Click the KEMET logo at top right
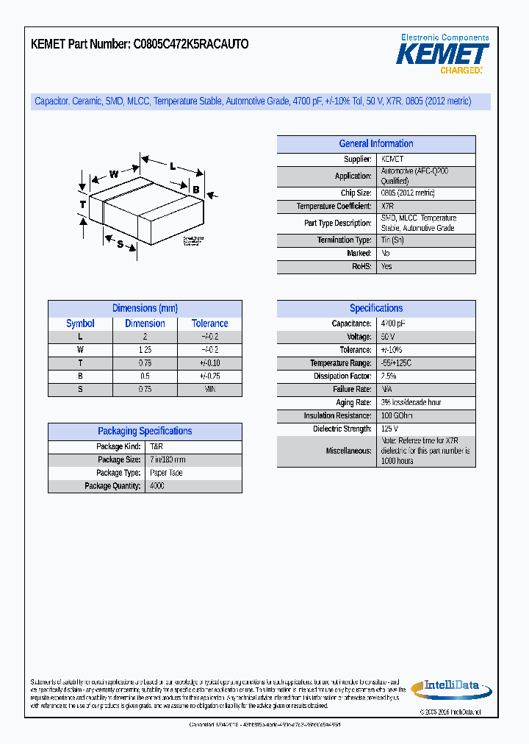pyautogui.click(x=442, y=54)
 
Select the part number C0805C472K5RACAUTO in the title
pyautogui.click(x=191, y=44)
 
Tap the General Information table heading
pyautogui.click(x=375, y=144)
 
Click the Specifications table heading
pyautogui.click(x=375, y=309)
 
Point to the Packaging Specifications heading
pyautogui.click(x=145, y=432)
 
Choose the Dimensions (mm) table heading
pyautogui.click(x=145, y=309)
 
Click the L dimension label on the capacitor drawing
pyautogui.click(x=173, y=166)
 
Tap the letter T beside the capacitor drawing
pyautogui.click(x=83, y=204)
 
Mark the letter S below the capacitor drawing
pyautogui.click(x=120, y=243)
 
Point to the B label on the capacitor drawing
pyautogui.click(x=196, y=190)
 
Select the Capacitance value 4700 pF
pyautogui.click(x=393, y=323)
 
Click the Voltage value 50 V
pyautogui.click(x=388, y=337)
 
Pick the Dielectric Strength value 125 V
pyautogui.click(x=389, y=429)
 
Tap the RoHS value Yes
pyautogui.click(x=386, y=267)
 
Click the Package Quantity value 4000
pyautogui.click(x=157, y=487)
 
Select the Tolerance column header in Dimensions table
pyautogui.click(x=209, y=323)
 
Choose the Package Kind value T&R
pyautogui.click(x=156, y=447)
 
